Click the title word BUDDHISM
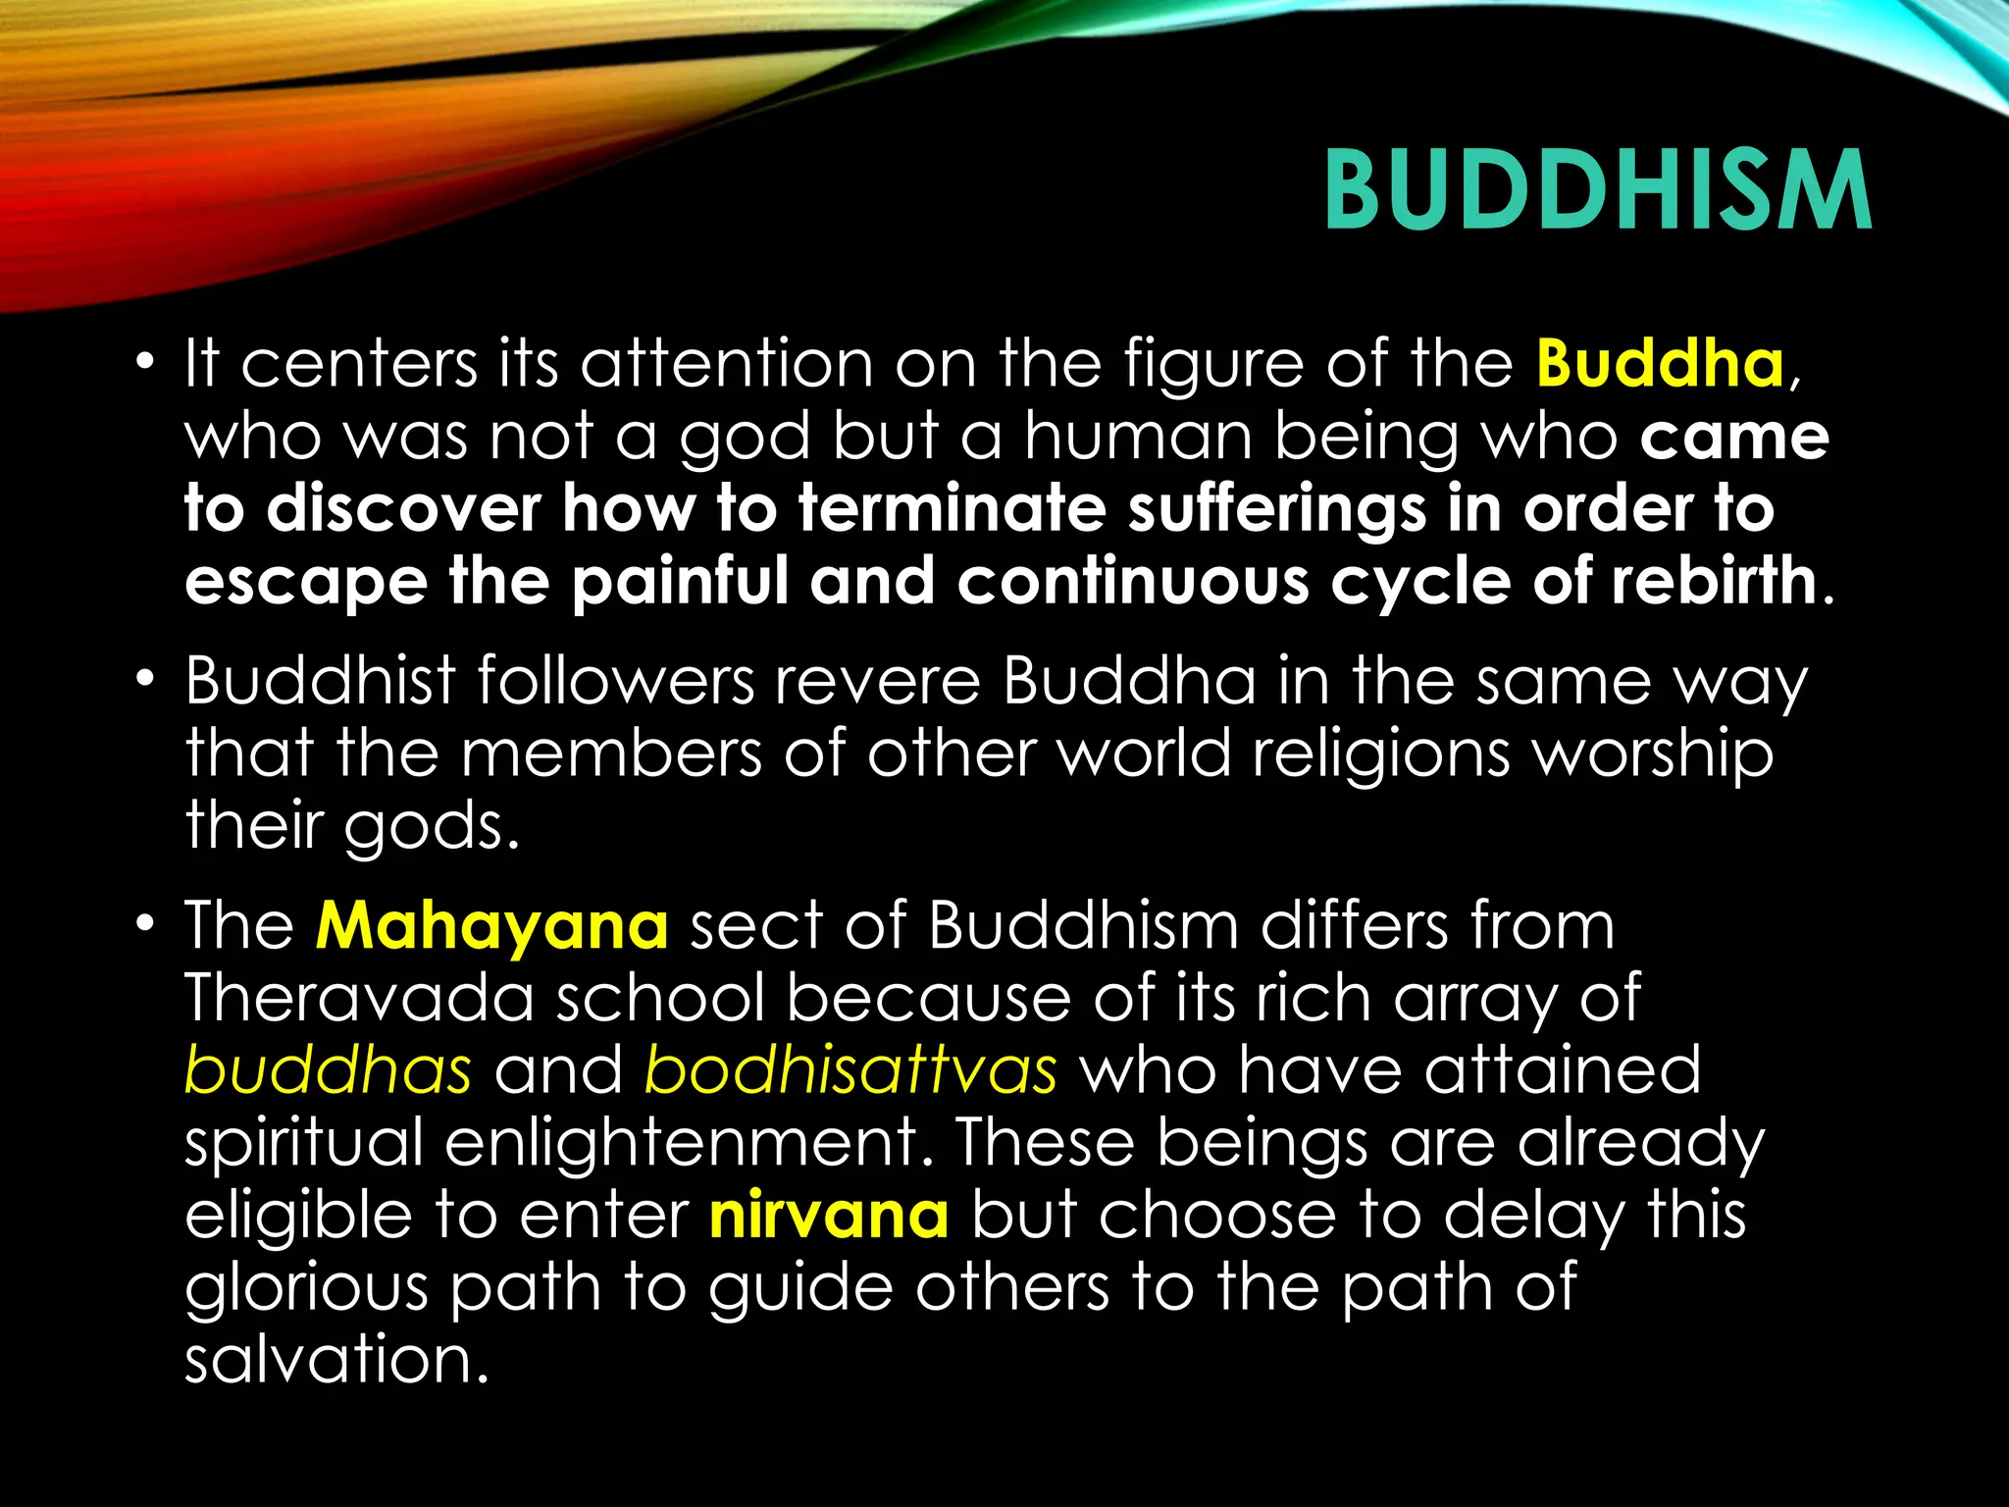click(1597, 191)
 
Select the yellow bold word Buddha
click(1660, 364)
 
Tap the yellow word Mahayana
click(491, 926)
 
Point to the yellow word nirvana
click(829, 1216)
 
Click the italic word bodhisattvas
click(850, 1070)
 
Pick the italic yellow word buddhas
click(328, 1070)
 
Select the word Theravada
click(359, 999)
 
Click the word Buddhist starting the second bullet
click(320, 681)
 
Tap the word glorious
click(306, 1288)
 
